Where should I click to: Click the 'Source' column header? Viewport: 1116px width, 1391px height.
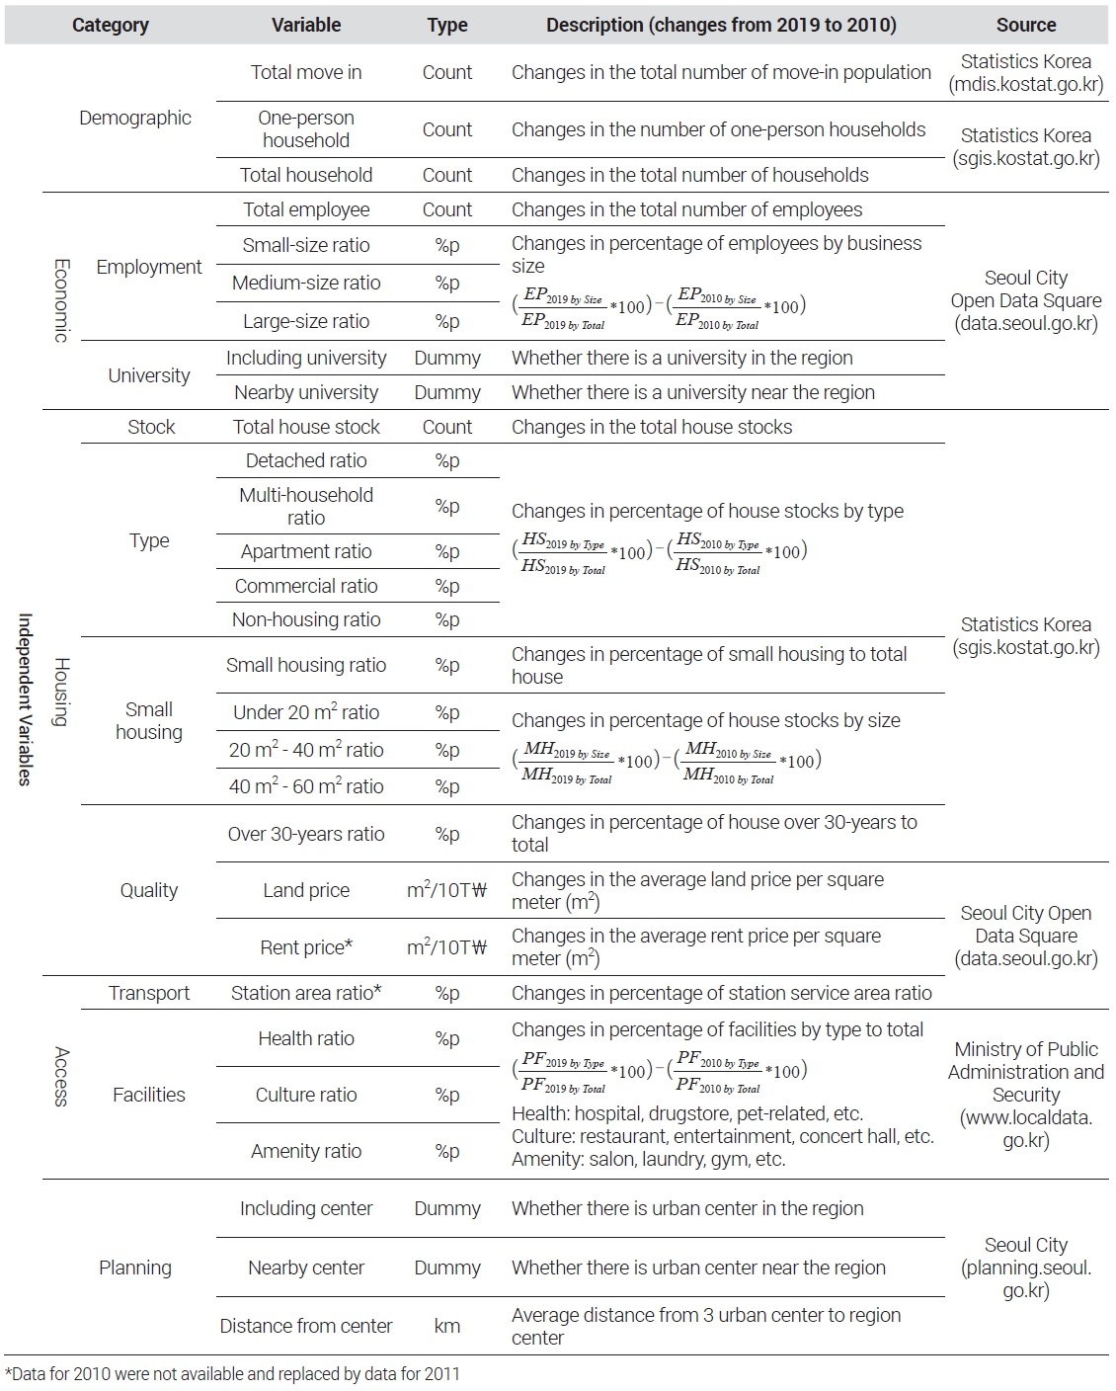(1025, 25)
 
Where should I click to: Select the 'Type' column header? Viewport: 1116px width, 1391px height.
(446, 25)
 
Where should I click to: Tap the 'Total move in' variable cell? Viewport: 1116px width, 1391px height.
(306, 72)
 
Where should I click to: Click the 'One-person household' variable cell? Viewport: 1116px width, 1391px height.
(306, 128)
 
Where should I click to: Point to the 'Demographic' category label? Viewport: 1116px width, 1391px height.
(135, 118)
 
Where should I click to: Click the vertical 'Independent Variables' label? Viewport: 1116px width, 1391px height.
(26, 699)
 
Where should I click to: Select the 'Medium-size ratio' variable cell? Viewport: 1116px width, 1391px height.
(306, 283)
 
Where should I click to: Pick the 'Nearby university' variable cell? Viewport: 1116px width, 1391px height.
(306, 392)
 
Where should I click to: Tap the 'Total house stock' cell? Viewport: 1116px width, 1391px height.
(306, 427)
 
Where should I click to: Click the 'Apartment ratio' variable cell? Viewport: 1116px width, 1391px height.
(306, 551)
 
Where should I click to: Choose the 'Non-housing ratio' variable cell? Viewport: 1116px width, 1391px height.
(306, 619)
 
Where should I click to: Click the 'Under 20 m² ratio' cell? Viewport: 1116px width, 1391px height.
(306, 712)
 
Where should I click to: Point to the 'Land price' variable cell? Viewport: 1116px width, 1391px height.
(306, 890)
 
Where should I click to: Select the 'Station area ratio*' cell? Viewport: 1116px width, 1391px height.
(306, 993)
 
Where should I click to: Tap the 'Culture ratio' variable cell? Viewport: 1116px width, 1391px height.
(306, 1095)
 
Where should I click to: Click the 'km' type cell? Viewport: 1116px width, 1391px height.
(446, 1326)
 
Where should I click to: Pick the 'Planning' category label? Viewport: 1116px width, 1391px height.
(135, 1268)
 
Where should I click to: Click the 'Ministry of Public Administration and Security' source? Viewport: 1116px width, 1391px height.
(1025, 1095)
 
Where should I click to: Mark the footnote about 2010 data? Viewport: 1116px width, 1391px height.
(233, 1373)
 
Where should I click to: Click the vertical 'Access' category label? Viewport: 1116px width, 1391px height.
(61, 1076)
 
